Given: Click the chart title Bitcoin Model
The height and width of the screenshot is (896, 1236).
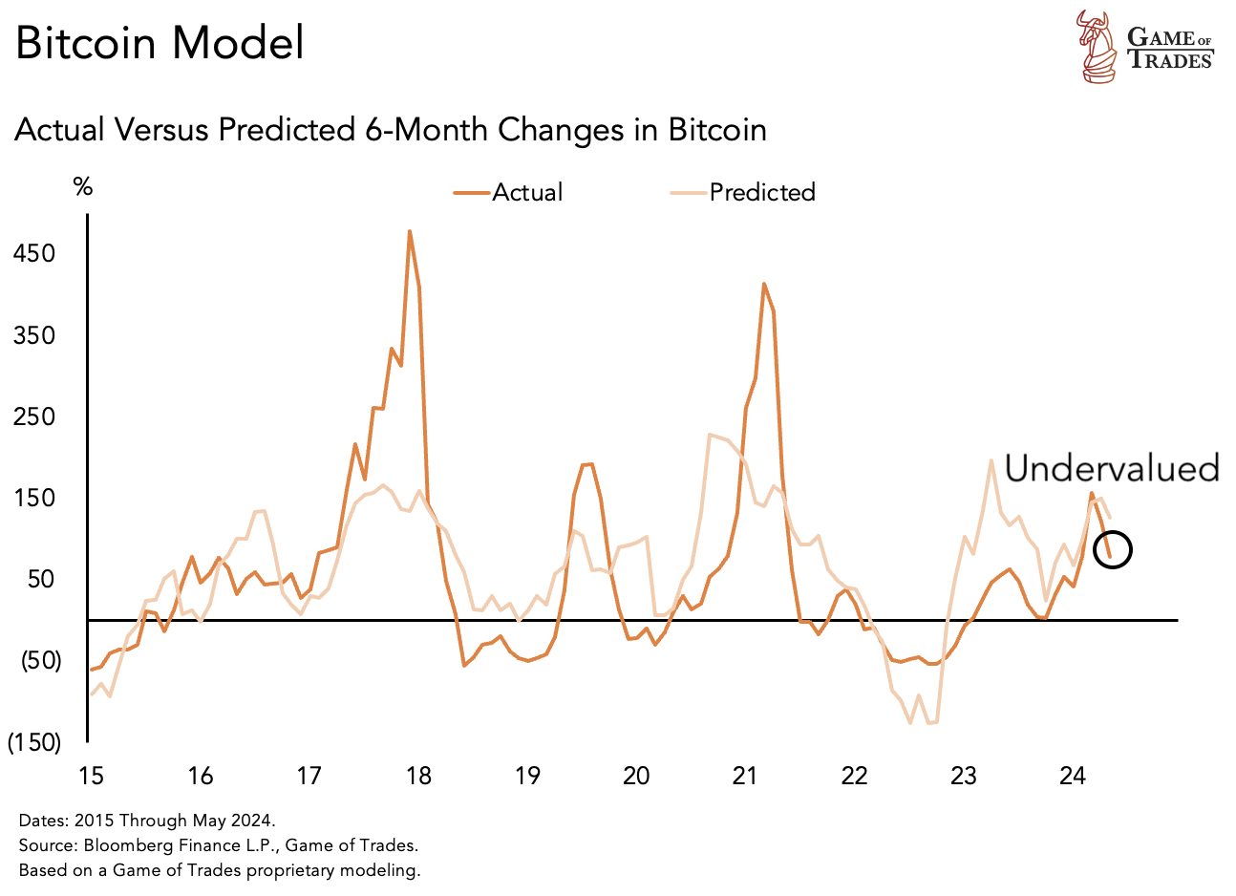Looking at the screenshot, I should [160, 44].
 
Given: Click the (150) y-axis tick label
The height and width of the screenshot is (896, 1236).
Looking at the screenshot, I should [34, 743].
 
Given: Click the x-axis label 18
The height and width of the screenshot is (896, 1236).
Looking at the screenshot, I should [418, 776].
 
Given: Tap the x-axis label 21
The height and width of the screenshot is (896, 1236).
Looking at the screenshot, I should [745, 776].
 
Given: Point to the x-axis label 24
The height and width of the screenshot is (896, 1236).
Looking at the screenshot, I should [1073, 776].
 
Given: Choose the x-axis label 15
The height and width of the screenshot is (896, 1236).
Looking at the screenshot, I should [91, 776].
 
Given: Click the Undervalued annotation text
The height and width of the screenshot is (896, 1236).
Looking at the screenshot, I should [1112, 468].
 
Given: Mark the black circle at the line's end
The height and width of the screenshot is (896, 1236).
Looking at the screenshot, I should [1113, 550].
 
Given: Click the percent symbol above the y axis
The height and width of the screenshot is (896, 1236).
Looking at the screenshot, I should [83, 187].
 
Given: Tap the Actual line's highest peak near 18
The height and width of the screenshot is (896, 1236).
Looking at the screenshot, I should [410, 232].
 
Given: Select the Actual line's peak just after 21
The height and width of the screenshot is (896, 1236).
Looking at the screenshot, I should [764, 284].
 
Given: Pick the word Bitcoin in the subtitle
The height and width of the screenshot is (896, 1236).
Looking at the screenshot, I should [716, 130].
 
